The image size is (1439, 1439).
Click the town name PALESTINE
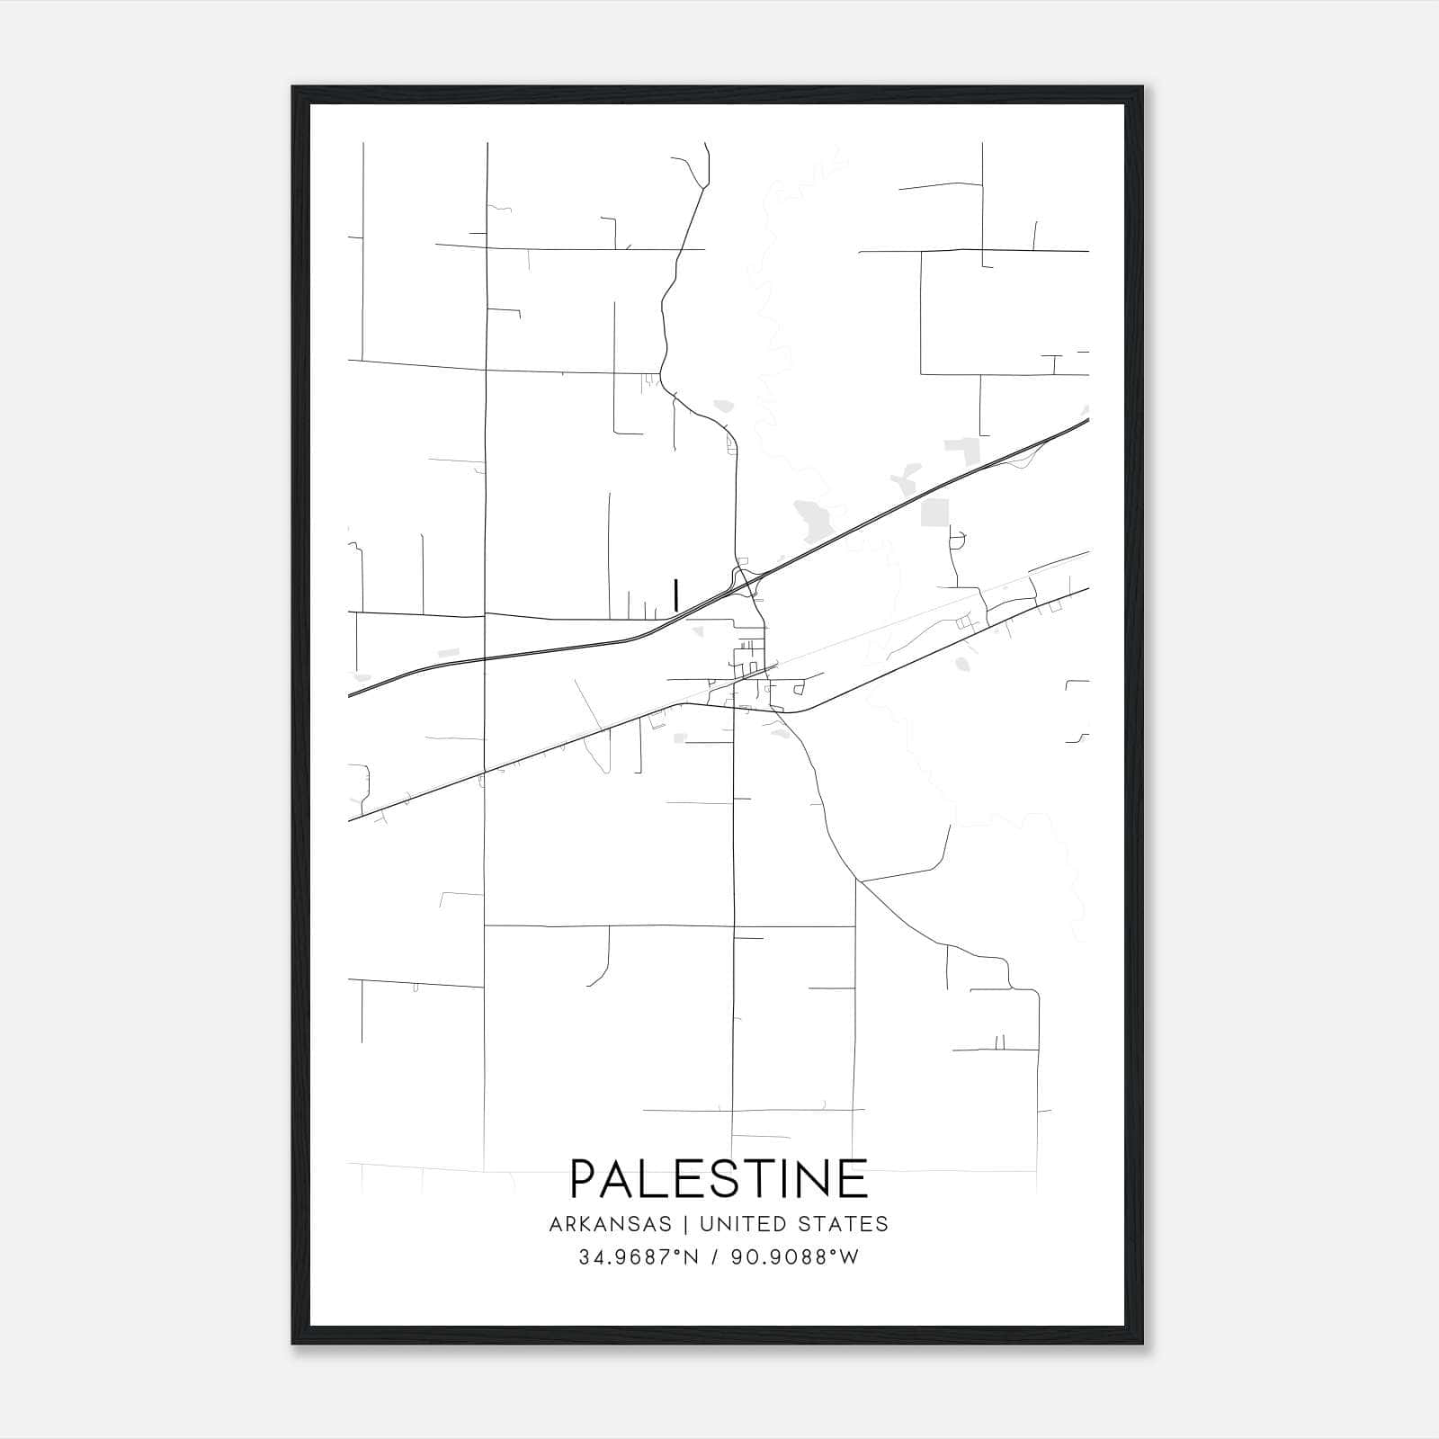pos(719,1178)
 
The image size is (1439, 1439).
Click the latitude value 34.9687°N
pos(639,1257)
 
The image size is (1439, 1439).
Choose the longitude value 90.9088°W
pos(794,1257)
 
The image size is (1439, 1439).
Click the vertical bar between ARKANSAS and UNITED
pos(685,1224)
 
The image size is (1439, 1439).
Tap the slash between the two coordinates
pos(716,1257)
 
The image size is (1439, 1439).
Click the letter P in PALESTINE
pos(585,1178)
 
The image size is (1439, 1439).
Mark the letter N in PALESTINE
pos(816,1178)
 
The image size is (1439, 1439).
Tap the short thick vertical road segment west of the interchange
pos(675,595)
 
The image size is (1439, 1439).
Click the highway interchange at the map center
pos(746,580)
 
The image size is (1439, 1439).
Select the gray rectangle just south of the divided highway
pos(935,513)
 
